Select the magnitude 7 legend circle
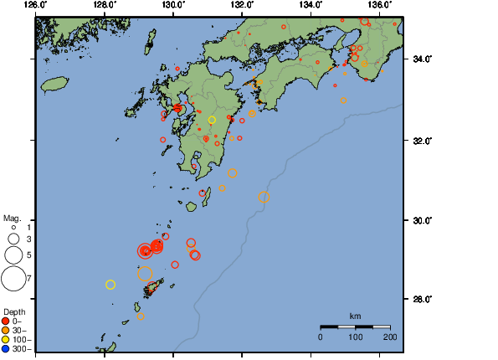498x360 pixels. (13, 276)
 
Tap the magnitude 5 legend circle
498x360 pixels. (13, 254)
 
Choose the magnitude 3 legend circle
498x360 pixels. (13, 239)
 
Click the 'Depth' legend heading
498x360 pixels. (14, 311)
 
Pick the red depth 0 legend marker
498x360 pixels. (7, 321)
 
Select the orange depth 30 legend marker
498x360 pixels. (7, 330)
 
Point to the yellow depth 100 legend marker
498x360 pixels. (7, 339)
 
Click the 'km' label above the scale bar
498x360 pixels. (355, 316)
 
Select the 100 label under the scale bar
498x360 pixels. (355, 337)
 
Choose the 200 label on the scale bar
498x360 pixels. (390, 337)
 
